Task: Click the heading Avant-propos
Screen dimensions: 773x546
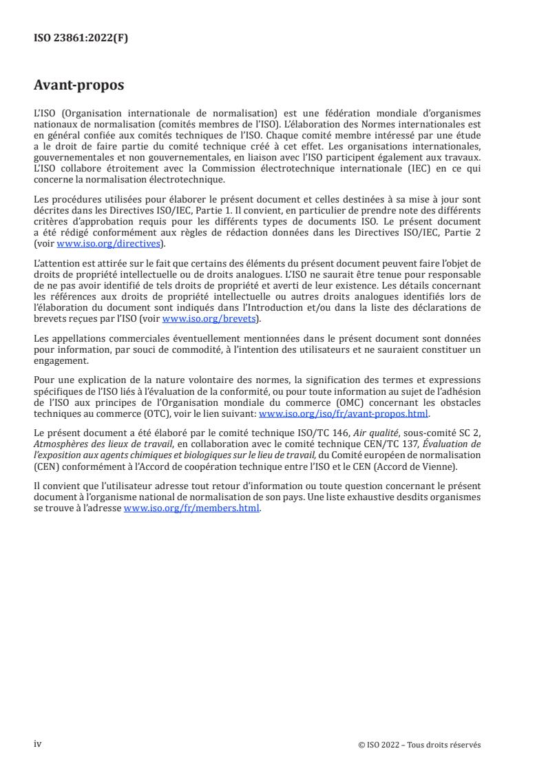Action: (x=78, y=86)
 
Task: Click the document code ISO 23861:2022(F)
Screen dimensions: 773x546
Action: (x=81, y=39)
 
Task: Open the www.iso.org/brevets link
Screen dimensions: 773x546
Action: (x=204, y=319)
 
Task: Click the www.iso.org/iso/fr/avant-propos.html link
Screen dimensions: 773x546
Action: (x=343, y=413)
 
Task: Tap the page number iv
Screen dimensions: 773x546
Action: (x=38, y=744)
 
